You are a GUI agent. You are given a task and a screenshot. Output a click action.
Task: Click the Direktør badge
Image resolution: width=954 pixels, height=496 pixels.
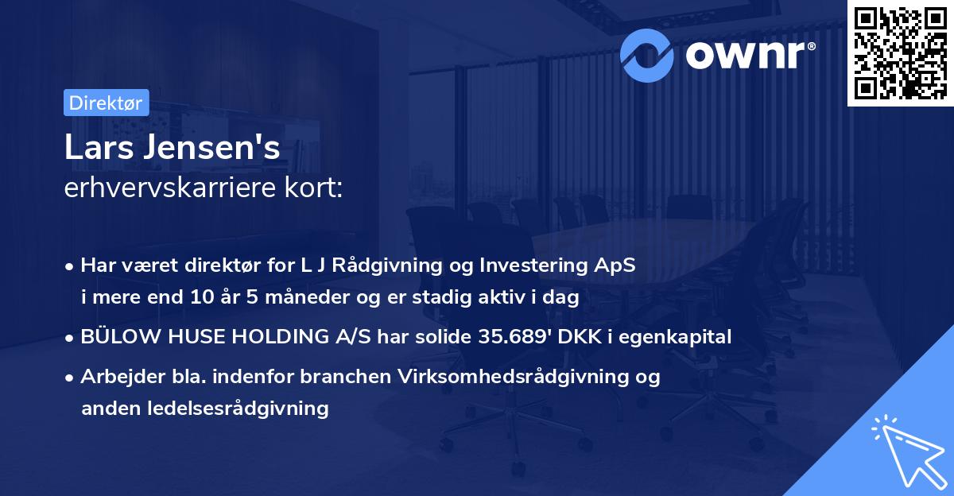point(106,103)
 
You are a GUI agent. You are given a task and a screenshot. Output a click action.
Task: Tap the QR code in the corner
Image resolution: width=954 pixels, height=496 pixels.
point(900,53)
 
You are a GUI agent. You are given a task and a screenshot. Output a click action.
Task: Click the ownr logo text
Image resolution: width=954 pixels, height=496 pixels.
point(749,54)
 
